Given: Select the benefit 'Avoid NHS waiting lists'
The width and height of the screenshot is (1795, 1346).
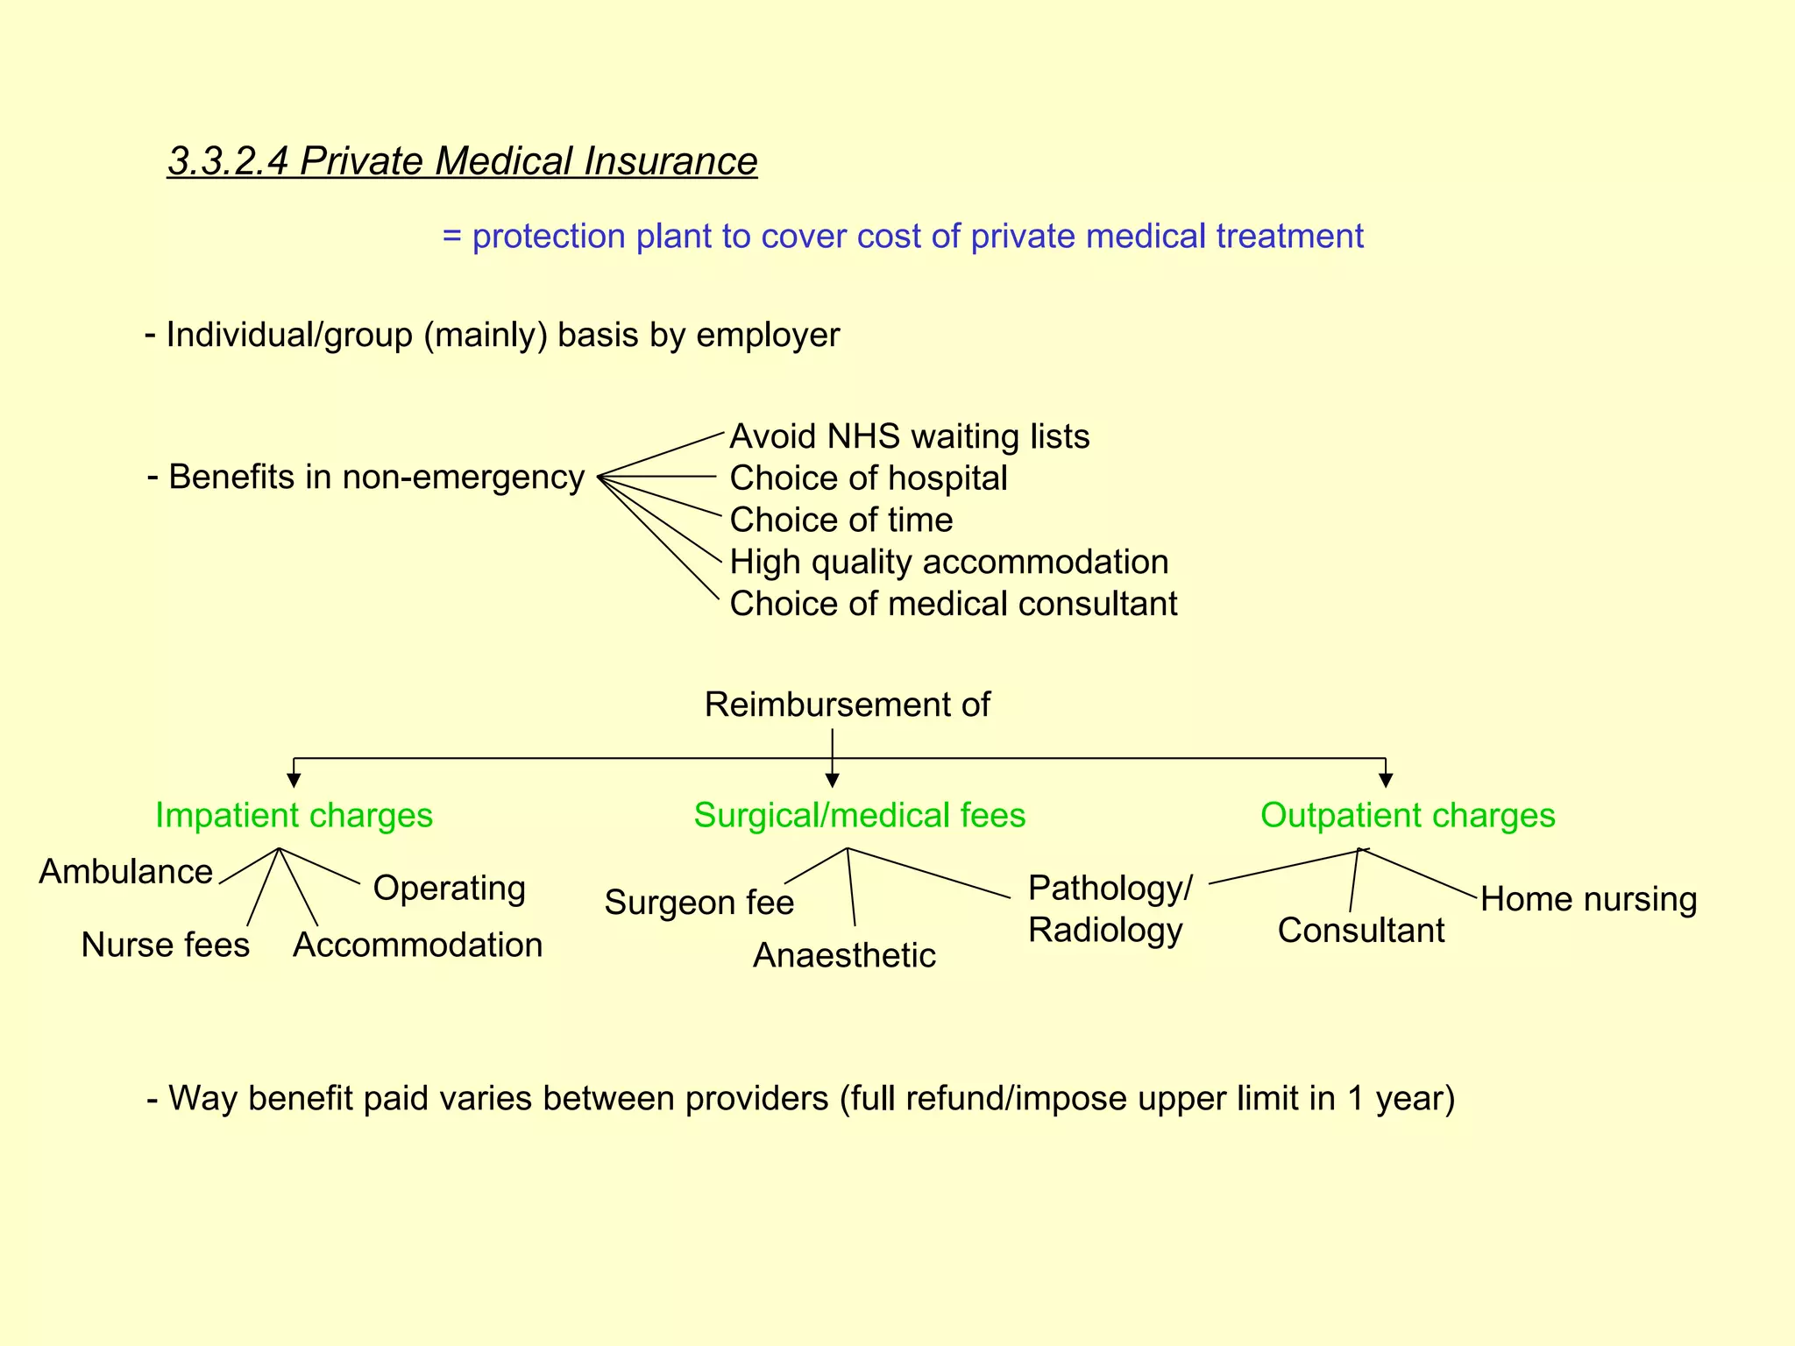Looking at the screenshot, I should pos(910,436).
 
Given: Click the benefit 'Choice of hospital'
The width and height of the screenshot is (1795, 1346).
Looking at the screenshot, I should pos(869,478).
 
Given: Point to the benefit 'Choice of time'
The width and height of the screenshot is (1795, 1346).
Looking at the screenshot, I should pos(841,521).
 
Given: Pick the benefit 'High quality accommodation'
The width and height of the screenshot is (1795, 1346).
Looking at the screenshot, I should pos(949,563).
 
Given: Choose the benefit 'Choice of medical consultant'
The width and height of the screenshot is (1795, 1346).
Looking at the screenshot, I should pos(954,605).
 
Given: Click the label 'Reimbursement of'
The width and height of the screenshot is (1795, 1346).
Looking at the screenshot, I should pos(848,705).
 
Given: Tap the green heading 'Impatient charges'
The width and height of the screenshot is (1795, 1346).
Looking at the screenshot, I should pos(294,816).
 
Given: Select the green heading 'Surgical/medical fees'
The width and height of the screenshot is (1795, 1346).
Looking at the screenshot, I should pos(859,816).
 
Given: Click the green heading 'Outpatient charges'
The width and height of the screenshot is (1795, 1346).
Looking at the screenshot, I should pos(1408,816).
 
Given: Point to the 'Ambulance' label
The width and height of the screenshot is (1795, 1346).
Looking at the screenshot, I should pos(126,872).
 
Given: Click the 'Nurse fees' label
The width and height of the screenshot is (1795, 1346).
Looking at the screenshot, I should pos(166,946).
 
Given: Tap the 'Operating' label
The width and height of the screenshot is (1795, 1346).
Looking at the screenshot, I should pos(450,889).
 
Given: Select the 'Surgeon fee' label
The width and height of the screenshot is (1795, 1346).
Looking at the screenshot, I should pos(699,903).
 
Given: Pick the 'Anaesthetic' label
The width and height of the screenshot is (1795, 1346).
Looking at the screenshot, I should pos(844,956).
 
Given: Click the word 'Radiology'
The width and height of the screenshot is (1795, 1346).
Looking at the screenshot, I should pos(1105,931).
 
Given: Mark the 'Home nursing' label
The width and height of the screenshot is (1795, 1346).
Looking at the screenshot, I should pos(1589,900).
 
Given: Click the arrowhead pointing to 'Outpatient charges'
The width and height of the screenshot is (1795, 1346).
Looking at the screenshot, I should pos(1386,780).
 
